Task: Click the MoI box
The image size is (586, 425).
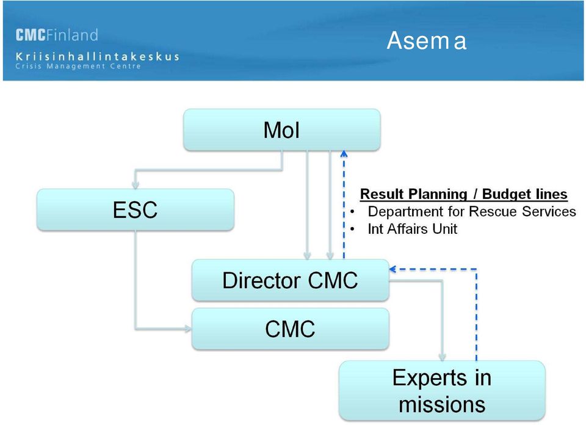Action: pos(282,130)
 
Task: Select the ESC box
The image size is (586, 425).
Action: pos(136,209)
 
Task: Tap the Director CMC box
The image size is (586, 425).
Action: pos(291,280)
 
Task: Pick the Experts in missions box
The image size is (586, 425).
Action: pos(442,391)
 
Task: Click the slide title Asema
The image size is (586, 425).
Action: pos(427,40)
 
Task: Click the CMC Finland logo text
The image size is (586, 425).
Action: pos(57,35)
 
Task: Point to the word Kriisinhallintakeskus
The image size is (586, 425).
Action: pos(97,56)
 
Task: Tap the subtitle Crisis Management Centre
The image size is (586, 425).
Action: pos(78,66)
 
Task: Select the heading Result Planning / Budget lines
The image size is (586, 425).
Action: pos(463,194)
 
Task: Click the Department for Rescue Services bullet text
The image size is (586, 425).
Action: pos(472,211)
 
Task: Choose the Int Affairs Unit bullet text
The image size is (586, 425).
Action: pos(412,229)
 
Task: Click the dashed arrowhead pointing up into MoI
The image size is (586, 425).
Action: pos(344,153)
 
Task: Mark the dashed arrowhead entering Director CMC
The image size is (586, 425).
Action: pos(392,269)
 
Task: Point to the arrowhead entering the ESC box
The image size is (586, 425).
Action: pos(136,185)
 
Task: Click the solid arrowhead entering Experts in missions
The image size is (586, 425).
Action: pos(442,357)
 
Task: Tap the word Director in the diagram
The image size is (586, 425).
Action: pos(261,280)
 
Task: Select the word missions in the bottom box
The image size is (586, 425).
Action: pos(442,405)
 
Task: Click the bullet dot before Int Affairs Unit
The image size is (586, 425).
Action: pos(352,229)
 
